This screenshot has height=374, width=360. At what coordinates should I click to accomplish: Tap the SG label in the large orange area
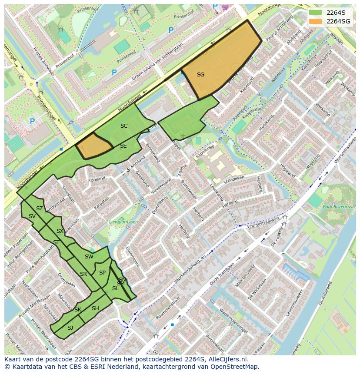[x=200, y=75]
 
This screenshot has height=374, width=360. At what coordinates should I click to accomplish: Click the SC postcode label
[x=124, y=126]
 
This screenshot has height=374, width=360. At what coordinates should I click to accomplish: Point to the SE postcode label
[x=123, y=146]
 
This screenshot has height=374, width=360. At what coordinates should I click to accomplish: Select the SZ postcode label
[x=40, y=209]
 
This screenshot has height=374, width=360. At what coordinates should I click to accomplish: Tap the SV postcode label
[x=32, y=216]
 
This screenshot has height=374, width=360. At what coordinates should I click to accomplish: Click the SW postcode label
[x=89, y=257]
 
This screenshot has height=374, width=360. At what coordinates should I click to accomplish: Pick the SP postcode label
[x=102, y=273]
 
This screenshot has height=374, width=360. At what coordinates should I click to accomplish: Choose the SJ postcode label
[x=70, y=328]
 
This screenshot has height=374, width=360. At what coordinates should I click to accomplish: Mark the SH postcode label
[x=95, y=308]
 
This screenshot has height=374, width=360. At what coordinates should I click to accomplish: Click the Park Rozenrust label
[x=339, y=207]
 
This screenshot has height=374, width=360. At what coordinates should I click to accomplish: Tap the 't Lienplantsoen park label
[x=122, y=222]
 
